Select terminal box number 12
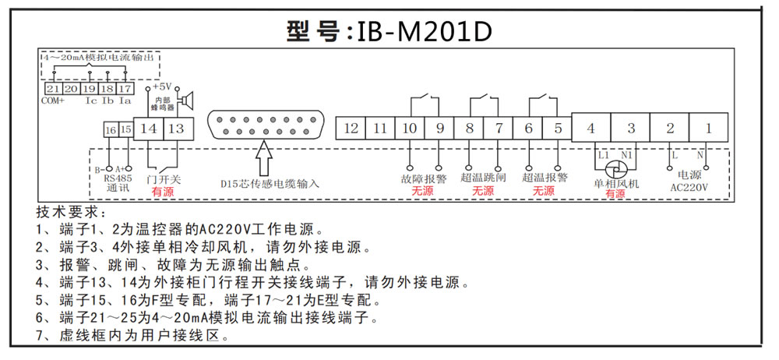coord(351,128)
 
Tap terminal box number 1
coord(708,127)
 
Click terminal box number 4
coord(591,127)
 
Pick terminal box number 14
coord(149,128)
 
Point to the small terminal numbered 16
coord(111,129)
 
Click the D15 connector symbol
coord(263,126)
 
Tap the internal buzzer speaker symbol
coord(187,100)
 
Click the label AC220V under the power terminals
coord(689,187)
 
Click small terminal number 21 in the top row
coord(53,90)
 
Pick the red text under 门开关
coord(163,191)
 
